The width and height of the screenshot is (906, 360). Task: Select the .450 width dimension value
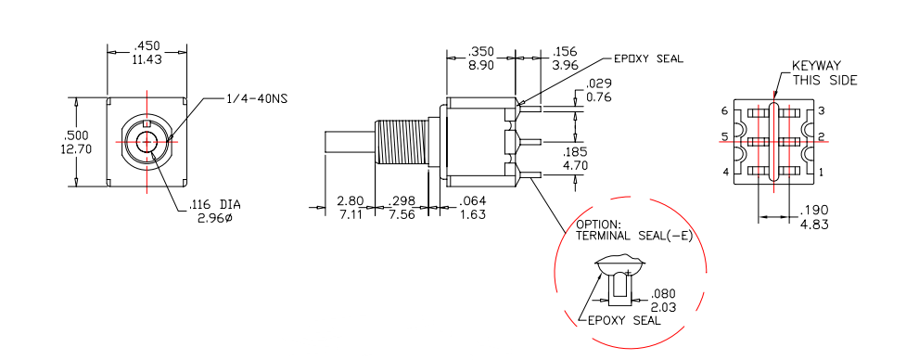click(147, 46)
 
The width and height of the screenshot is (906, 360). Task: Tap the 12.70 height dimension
click(75, 148)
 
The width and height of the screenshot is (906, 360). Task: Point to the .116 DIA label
click(215, 204)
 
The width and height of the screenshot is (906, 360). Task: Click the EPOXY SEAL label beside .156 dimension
click(648, 58)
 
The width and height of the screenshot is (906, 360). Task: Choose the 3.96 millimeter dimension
click(565, 65)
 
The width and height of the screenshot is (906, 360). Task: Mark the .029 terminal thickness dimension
click(599, 84)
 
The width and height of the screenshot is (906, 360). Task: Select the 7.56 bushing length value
click(401, 213)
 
